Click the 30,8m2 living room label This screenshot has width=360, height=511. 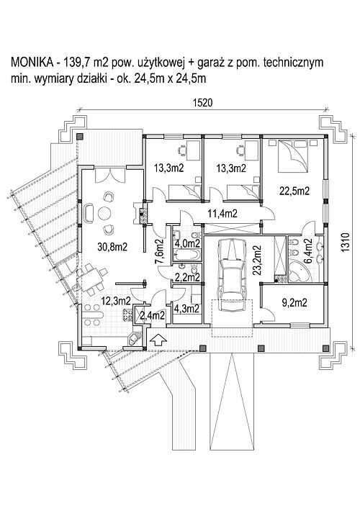point(112,247)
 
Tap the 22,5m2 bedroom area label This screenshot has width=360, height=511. point(294,191)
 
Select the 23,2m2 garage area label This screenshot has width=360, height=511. point(257,261)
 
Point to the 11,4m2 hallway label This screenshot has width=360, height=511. point(222,214)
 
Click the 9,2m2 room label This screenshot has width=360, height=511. point(294,303)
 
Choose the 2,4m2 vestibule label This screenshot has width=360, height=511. point(152,315)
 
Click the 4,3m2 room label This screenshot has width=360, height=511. point(187,308)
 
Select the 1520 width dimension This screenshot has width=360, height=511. point(202,103)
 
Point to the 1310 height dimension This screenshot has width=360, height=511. point(346,242)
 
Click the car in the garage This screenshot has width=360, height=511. point(233,275)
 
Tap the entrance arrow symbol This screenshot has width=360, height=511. point(158,340)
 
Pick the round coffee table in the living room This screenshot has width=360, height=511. point(104,214)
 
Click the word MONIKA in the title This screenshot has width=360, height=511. point(32,62)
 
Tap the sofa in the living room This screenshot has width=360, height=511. point(89,214)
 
